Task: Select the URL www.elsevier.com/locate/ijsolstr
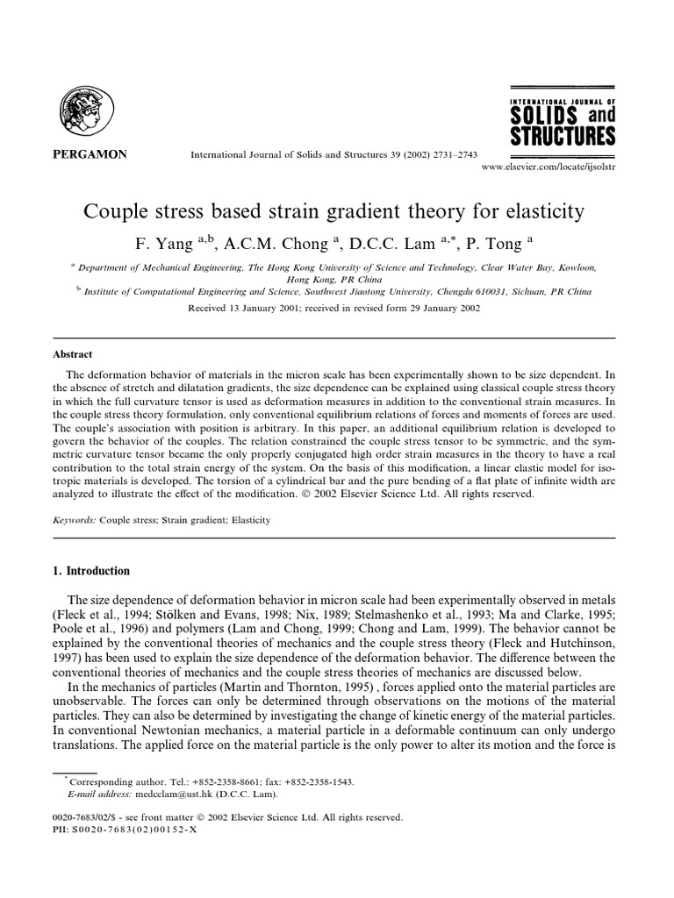pos(549,166)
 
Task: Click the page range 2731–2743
pos(450,154)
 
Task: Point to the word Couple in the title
pos(114,212)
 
